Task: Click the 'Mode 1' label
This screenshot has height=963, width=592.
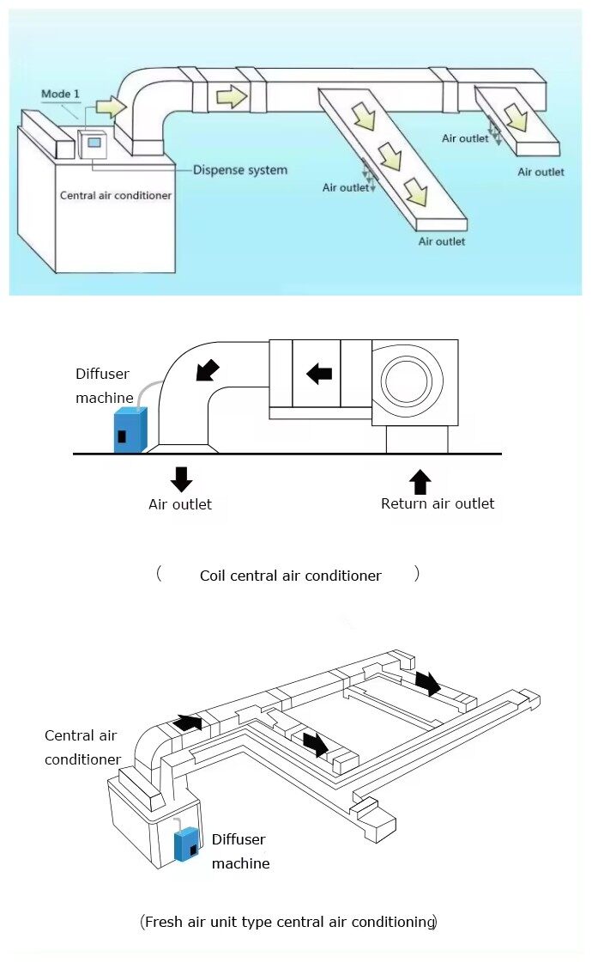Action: tap(60, 94)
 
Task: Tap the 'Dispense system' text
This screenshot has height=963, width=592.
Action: tap(240, 170)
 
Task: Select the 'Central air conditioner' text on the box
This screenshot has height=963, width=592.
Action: tap(115, 195)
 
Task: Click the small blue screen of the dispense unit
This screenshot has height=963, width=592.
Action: tap(94, 143)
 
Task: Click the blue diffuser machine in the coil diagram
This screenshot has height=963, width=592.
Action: tap(130, 430)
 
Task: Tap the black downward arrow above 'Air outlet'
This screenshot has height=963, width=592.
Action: tap(182, 479)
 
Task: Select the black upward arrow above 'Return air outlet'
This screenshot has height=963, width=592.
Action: tap(420, 482)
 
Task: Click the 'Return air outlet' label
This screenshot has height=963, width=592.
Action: tap(438, 503)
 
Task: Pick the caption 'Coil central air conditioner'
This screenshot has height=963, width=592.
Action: tap(290, 576)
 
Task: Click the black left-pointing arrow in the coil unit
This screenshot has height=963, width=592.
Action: tap(319, 373)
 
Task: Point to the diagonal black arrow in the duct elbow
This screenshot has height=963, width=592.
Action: tap(208, 370)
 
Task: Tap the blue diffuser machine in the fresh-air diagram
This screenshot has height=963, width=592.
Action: tap(186, 844)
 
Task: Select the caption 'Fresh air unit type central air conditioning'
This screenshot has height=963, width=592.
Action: tap(289, 922)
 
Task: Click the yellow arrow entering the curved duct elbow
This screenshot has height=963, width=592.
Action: tap(111, 107)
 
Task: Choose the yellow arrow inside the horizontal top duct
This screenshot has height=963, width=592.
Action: tap(232, 96)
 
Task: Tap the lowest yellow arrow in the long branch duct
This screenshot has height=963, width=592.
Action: tap(416, 192)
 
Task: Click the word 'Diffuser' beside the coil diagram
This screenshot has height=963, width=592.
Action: tap(102, 374)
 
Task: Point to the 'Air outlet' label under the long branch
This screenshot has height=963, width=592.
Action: tap(442, 241)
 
